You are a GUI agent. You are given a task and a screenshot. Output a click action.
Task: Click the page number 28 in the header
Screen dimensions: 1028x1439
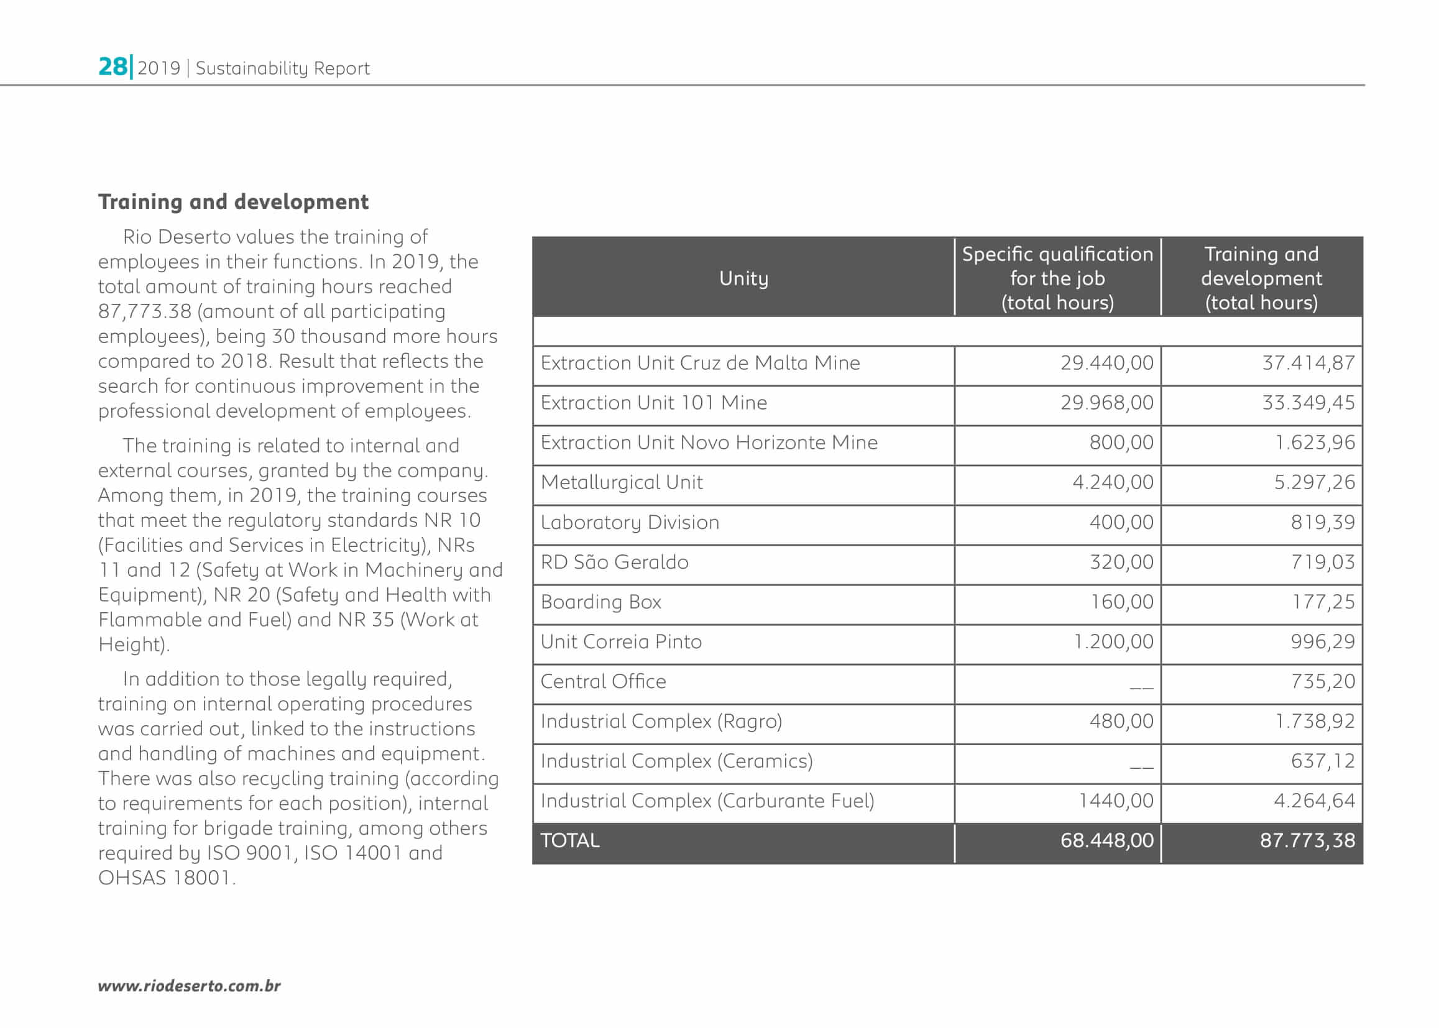(x=113, y=67)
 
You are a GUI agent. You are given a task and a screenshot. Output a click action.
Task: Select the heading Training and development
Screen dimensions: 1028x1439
(x=233, y=202)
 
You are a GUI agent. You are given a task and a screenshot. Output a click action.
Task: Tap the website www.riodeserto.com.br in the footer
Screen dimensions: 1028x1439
(x=189, y=986)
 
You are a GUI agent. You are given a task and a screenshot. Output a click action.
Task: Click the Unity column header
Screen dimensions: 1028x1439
(x=743, y=278)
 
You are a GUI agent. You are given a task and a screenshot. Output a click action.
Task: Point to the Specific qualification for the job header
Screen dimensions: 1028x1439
(x=1057, y=278)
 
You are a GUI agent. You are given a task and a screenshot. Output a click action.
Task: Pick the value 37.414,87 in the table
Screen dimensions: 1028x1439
(x=1308, y=363)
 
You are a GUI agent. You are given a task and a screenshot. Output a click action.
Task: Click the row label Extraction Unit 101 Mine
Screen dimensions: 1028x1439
(x=653, y=403)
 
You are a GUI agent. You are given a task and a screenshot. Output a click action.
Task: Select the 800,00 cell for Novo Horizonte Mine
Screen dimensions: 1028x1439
(x=1121, y=443)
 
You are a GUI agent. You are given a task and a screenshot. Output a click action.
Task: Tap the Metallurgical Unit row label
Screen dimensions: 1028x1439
(x=621, y=482)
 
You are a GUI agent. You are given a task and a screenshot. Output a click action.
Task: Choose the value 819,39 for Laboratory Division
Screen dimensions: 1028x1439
(x=1323, y=522)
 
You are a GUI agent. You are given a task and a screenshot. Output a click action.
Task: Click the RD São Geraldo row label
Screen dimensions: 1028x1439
(x=614, y=562)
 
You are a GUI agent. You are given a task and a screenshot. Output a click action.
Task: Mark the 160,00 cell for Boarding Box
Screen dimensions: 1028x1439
(x=1121, y=602)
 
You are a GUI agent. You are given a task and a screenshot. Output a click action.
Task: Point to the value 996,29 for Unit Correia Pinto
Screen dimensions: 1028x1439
(x=1323, y=642)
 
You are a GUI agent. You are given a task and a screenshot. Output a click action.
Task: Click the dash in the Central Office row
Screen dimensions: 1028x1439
(x=1141, y=686)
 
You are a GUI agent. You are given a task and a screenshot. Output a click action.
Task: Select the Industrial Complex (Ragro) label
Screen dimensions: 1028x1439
(x=661, y=722)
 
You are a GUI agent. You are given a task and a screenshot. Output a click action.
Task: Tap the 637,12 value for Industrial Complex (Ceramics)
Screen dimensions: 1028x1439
(x=1323, y=761)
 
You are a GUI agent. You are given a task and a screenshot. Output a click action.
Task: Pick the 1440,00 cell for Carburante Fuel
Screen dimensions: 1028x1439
(x=1116, y=801)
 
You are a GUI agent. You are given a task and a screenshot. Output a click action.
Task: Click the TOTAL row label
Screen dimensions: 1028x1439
(x=570, y=841)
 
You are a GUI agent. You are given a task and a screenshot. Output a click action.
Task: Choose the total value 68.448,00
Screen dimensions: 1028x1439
(x=1106, y=841)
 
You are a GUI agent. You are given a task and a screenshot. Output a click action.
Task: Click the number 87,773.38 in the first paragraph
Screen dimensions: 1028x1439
(x=144, y=311)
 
